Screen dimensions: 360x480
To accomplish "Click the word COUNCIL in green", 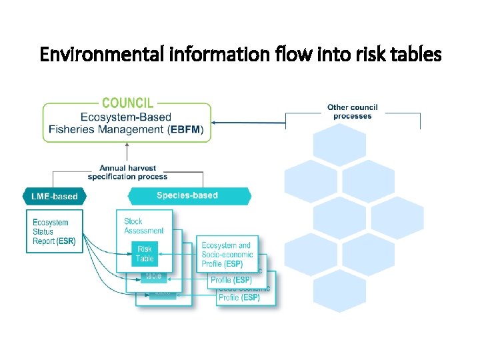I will click(x=127, y=103).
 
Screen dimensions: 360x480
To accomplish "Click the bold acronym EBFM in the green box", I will click(x=189, y=130).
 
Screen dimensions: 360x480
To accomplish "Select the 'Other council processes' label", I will click(x=352, y=111).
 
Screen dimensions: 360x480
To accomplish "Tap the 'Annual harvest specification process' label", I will click(x=127, y=173).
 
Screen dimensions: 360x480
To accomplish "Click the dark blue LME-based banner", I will click(x=55, y=196).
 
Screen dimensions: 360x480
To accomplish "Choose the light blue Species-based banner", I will click(x=187, y=195).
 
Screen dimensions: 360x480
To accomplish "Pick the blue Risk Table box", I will click(x=145, y=254).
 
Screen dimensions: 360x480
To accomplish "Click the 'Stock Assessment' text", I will click(x=143, y=226).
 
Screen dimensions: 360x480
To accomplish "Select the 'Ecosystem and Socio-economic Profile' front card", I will click(x=227, y=255).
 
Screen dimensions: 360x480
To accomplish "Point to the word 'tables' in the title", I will click(x=417, y=54).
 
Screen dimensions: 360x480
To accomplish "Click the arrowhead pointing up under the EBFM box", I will click(x=127, y=145).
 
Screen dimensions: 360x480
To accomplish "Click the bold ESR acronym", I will click(x=66, y=241).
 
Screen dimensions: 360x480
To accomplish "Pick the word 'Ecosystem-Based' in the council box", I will click(x=127, y=117).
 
